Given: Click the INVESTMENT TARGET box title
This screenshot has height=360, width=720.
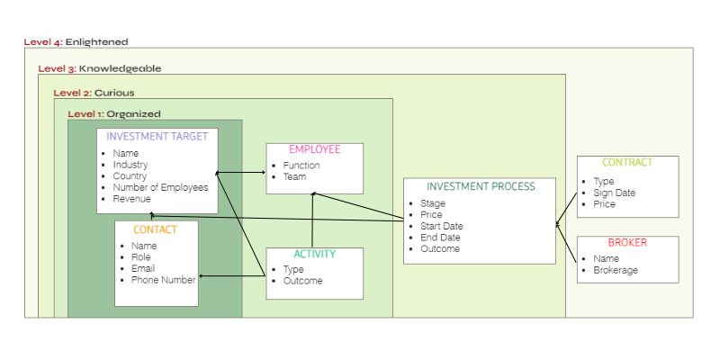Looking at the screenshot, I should point(157,137).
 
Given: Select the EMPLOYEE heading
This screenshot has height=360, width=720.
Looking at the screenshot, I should point(314,149).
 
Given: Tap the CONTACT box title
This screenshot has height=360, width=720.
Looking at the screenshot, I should point(155,229).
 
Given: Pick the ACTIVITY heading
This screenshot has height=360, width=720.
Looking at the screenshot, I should point(314,255).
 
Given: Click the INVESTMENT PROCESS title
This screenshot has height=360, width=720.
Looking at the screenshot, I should point(480,186).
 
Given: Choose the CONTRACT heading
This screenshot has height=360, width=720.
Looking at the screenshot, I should point(626,163).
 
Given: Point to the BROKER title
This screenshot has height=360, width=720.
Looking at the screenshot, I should point(626,243).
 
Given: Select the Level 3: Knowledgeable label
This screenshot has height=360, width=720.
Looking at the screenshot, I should point(99,67).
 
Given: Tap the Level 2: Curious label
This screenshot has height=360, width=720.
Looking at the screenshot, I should point(94,92).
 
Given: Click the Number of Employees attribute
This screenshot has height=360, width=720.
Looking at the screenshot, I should point(160,188).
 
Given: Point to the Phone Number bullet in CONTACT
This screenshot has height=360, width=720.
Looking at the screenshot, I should point(163,280).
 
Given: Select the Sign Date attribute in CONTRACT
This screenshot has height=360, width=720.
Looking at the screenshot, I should point(615,193).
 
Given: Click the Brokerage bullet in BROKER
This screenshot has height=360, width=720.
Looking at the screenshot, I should point(616,270).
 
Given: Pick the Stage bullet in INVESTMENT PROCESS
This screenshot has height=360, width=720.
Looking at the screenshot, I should point(432,203).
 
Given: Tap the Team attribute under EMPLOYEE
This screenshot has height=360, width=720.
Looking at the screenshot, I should point(294,177).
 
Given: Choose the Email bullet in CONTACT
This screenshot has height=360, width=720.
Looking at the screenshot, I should point(143,268).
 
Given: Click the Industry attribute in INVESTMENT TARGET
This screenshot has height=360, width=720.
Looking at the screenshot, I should point(130,165).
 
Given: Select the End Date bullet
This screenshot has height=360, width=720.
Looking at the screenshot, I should point(440,238).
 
